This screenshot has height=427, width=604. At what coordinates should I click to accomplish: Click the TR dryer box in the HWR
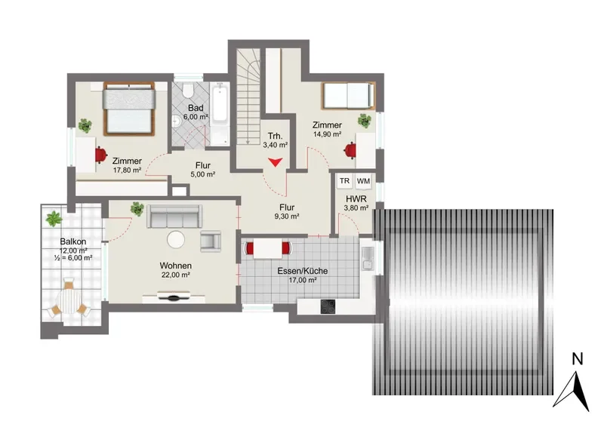[345, 181]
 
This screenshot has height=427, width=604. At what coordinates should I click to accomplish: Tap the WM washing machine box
[363, 181]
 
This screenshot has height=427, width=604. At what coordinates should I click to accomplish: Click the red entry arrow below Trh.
[275, 162]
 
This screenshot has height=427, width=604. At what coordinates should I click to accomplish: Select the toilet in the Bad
[188, 91]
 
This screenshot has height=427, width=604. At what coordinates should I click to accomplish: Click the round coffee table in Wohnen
[176, 239]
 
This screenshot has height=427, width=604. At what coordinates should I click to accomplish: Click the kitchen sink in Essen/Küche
[368, 258]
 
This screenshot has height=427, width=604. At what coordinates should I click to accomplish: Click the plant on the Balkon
[54, 218]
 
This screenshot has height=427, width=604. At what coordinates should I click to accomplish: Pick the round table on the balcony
[69, 300]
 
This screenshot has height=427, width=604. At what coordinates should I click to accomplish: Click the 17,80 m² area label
[127, 170]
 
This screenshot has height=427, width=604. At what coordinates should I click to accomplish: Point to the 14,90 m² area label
[328, 134]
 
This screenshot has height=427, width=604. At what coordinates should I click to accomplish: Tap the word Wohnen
[176, 266]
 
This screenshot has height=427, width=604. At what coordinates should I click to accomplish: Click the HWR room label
[356, 199]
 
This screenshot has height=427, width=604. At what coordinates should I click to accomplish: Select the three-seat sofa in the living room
[174, 216]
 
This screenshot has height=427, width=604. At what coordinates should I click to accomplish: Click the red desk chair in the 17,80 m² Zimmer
[100, 155]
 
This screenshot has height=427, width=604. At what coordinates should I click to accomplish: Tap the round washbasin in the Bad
[177, 121]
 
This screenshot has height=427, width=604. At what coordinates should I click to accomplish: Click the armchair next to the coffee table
[211, 241]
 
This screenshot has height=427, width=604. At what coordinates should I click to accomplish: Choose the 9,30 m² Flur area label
[287, 217]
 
